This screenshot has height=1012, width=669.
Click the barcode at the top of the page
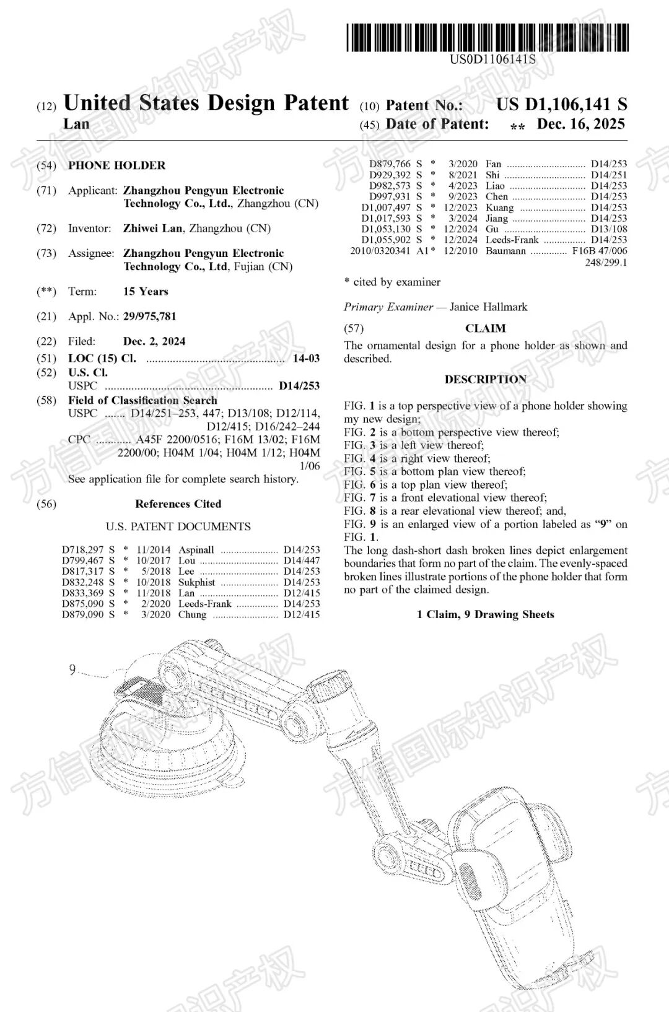(x=488, y=37)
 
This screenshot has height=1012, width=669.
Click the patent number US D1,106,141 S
(x=561, y=104)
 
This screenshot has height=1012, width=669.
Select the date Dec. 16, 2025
(x=580, y=124)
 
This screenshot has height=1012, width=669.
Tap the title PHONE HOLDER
(x=116, y=165)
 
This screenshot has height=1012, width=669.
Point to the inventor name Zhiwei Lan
(x=152, y=229)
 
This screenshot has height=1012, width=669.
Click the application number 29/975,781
(x=149, y=316)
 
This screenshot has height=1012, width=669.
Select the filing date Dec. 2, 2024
(x=154, y=341)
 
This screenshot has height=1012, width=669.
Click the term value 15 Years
(x=146, y=292)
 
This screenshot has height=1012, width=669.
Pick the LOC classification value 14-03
(x=306, y=359)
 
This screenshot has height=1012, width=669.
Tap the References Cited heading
(x=178, y=504)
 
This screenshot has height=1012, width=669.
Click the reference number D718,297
(x=83, y=550)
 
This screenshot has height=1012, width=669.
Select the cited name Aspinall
(x=196, y=550)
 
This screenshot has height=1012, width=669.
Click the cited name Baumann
(x=505, y=251)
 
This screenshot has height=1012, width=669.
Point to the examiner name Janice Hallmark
(x=488, y=307)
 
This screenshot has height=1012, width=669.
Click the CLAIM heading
(x=485, y=328)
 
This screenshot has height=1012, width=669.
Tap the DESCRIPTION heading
(x=485, y=379)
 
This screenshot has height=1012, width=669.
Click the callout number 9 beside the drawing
(x=72, y=670)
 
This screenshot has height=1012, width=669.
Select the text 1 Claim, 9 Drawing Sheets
(x=485, y=614)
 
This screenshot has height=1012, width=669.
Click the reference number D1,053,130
(x=386, y=229)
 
